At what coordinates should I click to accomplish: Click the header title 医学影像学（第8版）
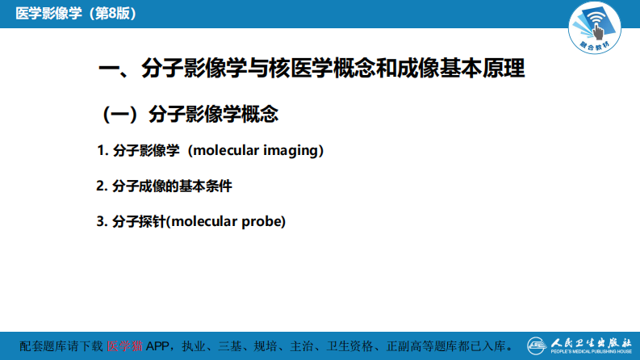click(x=73, y=14)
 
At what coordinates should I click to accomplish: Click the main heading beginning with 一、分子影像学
click(x=312, y=69)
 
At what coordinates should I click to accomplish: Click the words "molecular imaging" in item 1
click(x=256, y=150)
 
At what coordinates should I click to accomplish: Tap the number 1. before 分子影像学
click(x=102, y=150)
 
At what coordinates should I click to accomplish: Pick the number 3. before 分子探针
click(x=102, y=221)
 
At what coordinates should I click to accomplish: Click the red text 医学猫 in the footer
click(x=125, y=345)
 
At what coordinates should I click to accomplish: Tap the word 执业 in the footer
click(x=196, y=345)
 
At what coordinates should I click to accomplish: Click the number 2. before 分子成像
click(x=102, y=186)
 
